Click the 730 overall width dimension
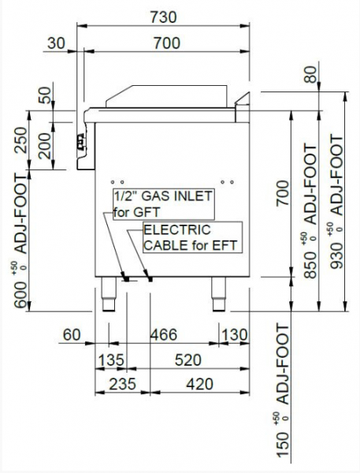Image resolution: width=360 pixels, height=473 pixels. pyautogui.click(x=163, y=17)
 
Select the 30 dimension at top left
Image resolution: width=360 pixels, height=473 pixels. pyautogui.click(x=56, y=43)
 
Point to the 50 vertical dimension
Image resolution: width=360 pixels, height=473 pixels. pyautogui.click(x=45, y=95)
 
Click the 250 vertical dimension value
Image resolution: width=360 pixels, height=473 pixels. pyautogui.click(x=20, y=140)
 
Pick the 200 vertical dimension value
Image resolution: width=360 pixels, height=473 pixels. pyautogui.click(x=45, y=146)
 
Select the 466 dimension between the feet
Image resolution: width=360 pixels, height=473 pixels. pyautogui.click(x=164, y=335)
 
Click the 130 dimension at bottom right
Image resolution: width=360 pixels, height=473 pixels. pyautogui.click(x=234, y=335)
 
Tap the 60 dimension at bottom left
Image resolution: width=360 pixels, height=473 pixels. pyautogui.click(x=72, y=335)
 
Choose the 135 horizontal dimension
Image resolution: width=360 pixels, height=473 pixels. pyautogui.click(x=111, y=360)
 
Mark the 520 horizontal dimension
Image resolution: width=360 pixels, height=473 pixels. pyautogui.click(x=187, y=360)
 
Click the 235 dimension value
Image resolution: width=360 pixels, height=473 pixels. pyautogui.click(x=122, y=385)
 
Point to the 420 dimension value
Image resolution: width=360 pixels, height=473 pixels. pyautogui.click(x=199, y=385)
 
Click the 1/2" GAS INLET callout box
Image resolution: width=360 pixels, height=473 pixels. pyautogui.click(x=164, y=204)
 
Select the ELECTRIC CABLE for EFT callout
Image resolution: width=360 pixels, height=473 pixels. pyautogui.click(x=192, y=237)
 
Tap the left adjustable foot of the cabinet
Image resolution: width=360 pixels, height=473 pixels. pyautogui.click(x=109, y=294)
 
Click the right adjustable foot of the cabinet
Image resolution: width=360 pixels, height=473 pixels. pyautogui.click(x=219, y=294)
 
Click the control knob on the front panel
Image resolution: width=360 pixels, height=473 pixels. pyautogui.click(x=81, y=142)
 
